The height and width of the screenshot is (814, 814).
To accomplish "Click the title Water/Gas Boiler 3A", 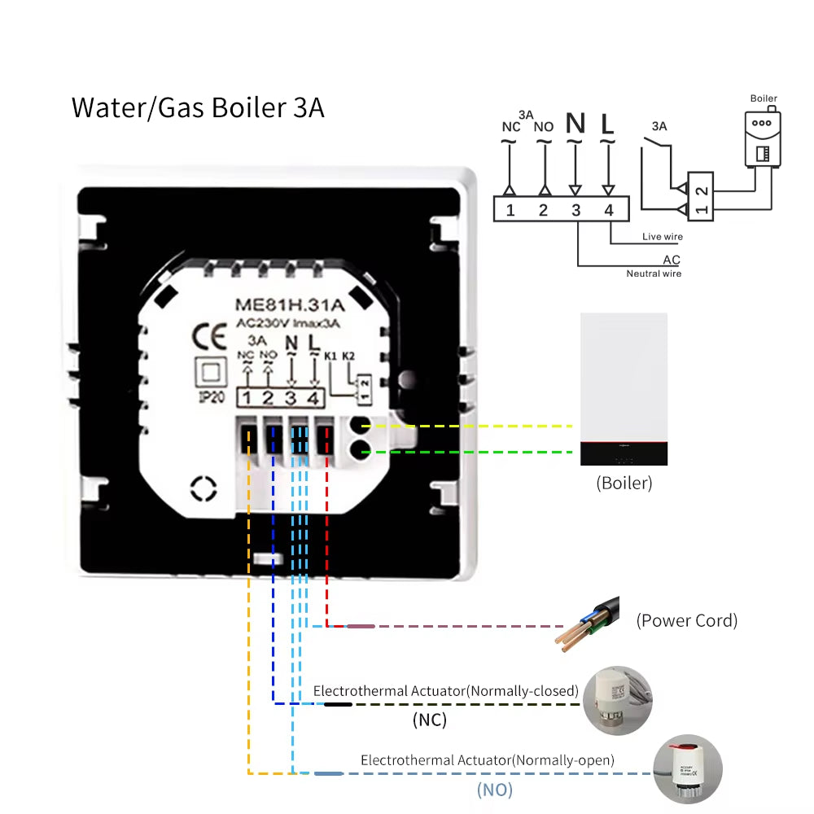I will (x=198, y=108).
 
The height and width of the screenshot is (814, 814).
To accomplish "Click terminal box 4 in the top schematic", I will (x=608, y=210).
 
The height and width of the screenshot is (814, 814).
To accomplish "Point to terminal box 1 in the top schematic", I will (x=510, y=210).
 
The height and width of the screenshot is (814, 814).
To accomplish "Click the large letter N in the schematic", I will (x=575, y=124).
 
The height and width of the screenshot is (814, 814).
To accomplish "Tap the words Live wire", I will (x=662, y=237).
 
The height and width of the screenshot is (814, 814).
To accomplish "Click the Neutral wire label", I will (x=653, y=274).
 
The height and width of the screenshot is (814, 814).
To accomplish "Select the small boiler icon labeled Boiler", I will (x=763, y=138).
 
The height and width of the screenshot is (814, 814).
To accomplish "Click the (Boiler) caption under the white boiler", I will (x=624, y=483).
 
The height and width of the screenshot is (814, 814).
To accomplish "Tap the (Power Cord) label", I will (x=686, y=621).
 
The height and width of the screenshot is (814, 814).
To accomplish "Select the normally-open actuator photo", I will (x=688, y=769).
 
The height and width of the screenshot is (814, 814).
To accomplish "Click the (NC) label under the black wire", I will (x=430, y=720).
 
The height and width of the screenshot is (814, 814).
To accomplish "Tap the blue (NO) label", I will (x=494, y=789).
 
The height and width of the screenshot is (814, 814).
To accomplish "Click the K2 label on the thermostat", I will (x=348, y=356).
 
